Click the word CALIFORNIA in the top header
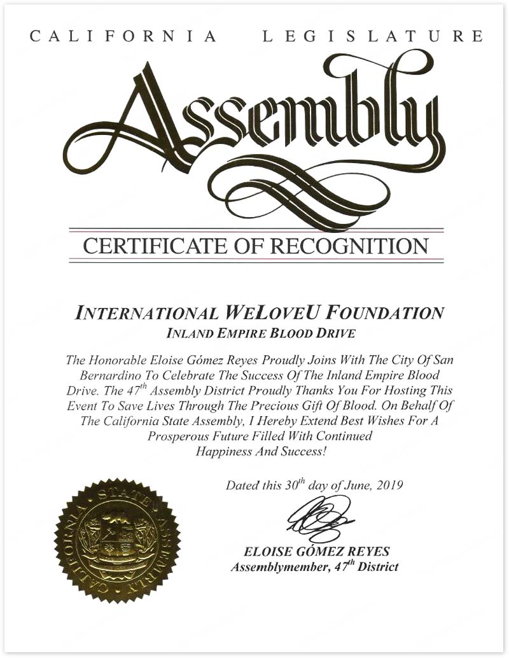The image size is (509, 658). pos(123,36)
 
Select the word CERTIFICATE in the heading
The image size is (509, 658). pos(148,245)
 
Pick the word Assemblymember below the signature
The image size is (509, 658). pos(275,566)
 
